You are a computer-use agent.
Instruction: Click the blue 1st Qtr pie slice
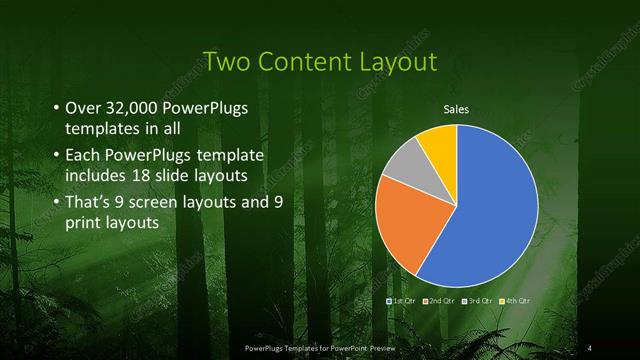click(490, 210)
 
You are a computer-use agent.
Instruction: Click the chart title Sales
click(456, 109)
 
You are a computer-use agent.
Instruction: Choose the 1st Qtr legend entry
click(402, 300)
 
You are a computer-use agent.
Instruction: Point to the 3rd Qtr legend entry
click(476, 300)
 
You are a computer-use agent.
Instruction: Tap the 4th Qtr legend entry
click(513, 300)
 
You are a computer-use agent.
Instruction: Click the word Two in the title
click(223, 62)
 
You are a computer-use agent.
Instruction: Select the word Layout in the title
click(400, 62)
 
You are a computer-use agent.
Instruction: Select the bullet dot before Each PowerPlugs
click(54, 156)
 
